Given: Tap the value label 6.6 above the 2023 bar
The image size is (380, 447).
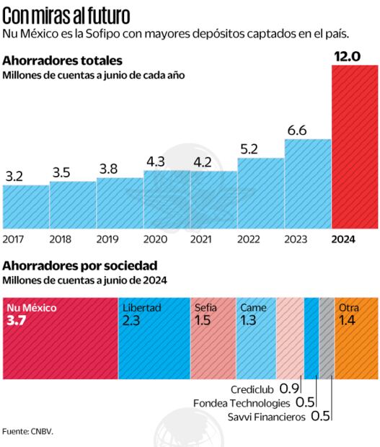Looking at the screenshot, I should (297, 130).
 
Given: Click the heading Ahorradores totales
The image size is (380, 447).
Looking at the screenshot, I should (63, 61).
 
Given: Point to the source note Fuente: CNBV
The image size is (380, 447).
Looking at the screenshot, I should (28, 432).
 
